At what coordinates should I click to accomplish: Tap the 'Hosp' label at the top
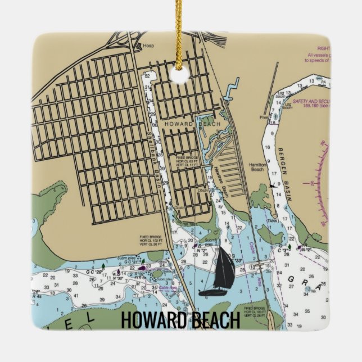point(148,46)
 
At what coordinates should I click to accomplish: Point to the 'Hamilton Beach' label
point(257,167)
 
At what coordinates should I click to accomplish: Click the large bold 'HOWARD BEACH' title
point(180,320)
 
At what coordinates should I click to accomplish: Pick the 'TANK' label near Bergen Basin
point(273,221)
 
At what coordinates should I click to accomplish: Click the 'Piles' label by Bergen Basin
point(263,117)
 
